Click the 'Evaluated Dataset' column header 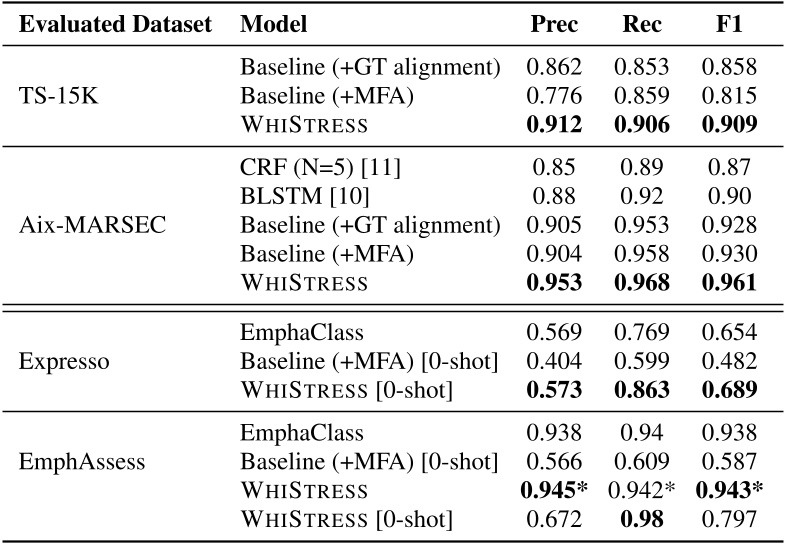tap(115, 25)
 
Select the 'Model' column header tap(273, 25)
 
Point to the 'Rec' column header tap(638, 25)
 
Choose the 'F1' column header tap(722, 25)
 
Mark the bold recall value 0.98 tap(638, 519)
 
